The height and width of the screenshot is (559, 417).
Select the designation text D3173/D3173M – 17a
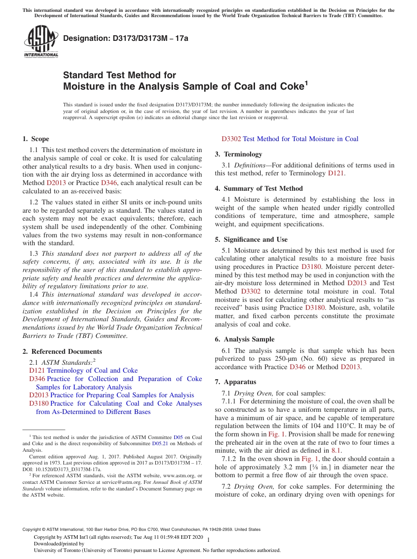click(126, 38)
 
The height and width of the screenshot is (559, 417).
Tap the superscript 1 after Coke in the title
click(306, 83)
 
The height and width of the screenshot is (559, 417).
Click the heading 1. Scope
click(36, 139)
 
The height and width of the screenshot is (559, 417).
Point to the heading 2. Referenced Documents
click(62, 352)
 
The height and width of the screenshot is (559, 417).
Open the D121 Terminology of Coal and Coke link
click(83, 370)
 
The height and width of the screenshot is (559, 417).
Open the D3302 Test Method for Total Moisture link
click(290, 139)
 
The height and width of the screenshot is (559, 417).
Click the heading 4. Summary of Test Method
click(259, 189)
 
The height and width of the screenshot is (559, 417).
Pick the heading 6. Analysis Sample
click(244, 339)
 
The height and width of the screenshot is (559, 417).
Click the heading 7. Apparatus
click(235, 382)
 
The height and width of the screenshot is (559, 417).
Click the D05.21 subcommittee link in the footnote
click(160, 443)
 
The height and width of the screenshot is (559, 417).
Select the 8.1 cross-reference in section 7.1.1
click(336, 450)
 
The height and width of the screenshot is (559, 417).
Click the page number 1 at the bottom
click(208, 540)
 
